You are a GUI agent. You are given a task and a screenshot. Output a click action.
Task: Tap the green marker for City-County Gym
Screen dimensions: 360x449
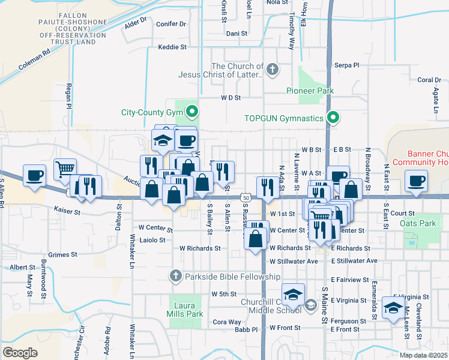[192, 111]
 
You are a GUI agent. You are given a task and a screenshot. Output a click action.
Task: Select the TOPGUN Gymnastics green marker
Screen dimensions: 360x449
[332, 118]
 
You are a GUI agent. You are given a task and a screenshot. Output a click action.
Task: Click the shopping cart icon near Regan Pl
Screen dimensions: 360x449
[65, 168]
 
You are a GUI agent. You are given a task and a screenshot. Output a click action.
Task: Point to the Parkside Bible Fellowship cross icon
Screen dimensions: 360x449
[175, 276]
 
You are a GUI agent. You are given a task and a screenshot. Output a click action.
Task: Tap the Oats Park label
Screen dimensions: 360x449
[417, 223]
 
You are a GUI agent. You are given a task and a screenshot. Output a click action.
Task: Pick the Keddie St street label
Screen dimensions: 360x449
[173, 47]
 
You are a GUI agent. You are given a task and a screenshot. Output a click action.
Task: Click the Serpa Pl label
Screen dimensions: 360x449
[346, 65]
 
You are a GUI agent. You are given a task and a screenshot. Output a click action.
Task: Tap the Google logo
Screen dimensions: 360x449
[20, 352]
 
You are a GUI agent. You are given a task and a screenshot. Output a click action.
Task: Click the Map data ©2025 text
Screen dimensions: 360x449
[423, 355]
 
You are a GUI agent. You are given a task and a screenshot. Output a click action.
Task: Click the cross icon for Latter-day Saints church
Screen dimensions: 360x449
[273, 70]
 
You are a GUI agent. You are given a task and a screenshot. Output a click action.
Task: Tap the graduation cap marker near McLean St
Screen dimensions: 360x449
[393, 309]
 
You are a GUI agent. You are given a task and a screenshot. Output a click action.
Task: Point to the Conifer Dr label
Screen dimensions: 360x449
[171, 24]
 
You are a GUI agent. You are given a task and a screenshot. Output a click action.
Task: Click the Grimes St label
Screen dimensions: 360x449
[62, 254]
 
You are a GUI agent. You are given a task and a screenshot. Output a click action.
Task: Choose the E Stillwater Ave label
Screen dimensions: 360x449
[354, 261]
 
